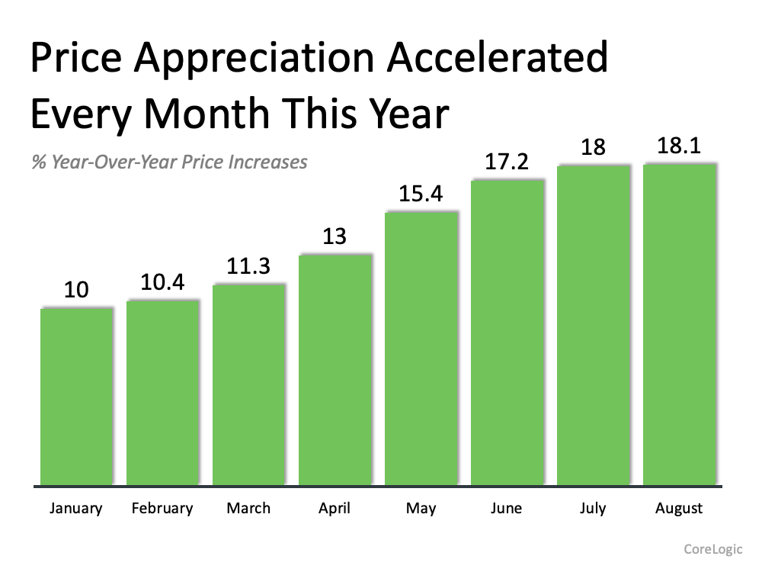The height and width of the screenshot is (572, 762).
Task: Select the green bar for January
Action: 77,397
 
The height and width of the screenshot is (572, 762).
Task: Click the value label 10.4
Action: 162,283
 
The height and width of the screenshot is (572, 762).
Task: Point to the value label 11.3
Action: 248,267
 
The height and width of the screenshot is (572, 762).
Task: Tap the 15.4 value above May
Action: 421,195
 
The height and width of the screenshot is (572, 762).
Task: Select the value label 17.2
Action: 507,162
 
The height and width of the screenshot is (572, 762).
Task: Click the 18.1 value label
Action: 679,146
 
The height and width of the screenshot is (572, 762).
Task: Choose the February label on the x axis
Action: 162,509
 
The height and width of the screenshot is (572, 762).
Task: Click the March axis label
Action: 248,509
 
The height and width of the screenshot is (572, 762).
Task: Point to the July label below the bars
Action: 593,509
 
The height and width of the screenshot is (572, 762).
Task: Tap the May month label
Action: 421,509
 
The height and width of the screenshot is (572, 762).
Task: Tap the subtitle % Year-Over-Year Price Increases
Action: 169,162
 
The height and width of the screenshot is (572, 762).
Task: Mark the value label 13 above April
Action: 335,236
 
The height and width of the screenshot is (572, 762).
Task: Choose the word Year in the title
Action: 403,114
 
